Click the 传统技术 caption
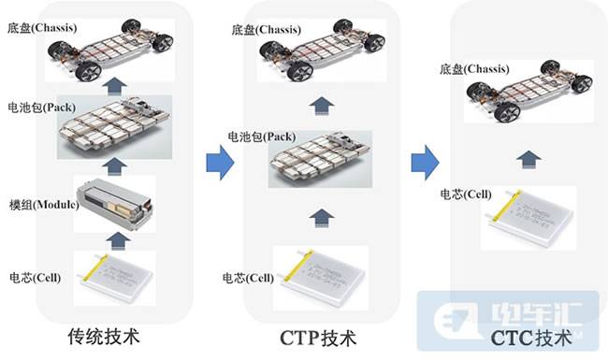(104, 337)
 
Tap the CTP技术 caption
(318, 338)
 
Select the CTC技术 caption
(531, 338)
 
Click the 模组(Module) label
(44, 204)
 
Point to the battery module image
(115, 204)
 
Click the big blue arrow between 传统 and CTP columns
(220, 163)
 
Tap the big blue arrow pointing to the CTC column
(425, 163)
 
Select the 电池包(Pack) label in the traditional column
(41, 108)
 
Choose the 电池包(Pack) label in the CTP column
(261, 137)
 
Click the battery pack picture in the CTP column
(320, 159)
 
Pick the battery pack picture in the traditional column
(114, 127)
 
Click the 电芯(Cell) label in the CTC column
(465, 194)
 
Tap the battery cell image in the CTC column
(528, 218)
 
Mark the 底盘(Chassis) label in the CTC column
(474, 69)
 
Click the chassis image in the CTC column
(528, 92)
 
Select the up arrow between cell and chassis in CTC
(528, 159)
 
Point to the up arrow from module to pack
(114, 166)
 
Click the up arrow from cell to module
(118, 240)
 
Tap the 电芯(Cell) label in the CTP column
(248, 278)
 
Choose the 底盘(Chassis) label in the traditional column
(42, 28)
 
